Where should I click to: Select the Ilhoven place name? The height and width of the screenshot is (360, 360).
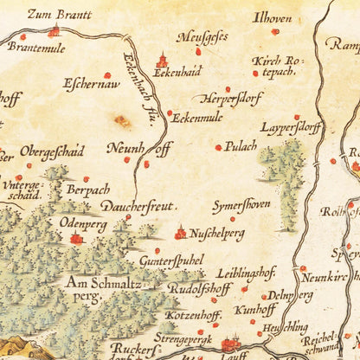coord(271,16)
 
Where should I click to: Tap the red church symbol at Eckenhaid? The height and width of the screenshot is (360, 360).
coord(161,61)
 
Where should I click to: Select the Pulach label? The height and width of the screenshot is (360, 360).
coord(241,147)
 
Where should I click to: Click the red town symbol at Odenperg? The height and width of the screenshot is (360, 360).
coord(76,238)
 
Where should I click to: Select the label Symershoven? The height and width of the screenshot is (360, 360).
coord(241,206)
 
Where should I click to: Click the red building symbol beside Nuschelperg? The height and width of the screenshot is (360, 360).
coord(181,232)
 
